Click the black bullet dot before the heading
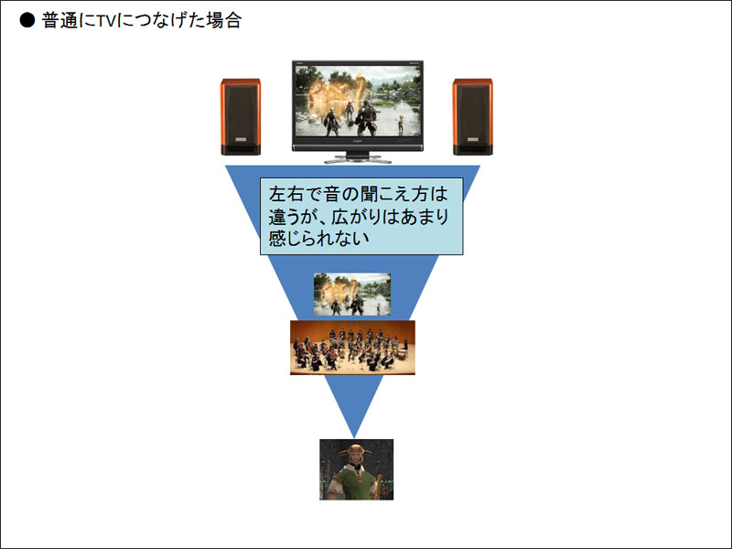(27, 20)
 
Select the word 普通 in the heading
(59, 20)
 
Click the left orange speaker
(241, 117)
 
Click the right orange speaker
(472, 117)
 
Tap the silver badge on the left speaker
(241, 140)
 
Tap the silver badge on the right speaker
(472, 140)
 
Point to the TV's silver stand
(358, 157)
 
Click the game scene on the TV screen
(358, 101)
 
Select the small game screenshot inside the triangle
(352, 294)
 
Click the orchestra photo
(352, 348)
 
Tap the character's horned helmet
(356, 450)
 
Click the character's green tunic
(356, 483)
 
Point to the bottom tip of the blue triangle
(354, 437)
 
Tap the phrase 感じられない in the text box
(318, 239)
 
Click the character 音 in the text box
(332, 194)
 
